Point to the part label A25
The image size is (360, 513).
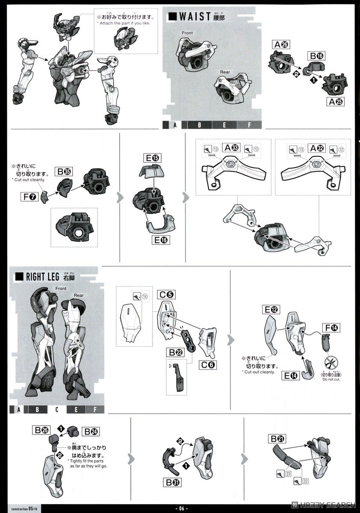click(336, 102)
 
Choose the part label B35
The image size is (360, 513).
click(65, 172)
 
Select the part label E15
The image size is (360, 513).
click(151, 158)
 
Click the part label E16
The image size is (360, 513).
click(161, 240)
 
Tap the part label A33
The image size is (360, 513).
click(232, 148)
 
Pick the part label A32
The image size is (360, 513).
click(317, 148)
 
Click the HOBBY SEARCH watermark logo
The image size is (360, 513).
click(323, 504)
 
